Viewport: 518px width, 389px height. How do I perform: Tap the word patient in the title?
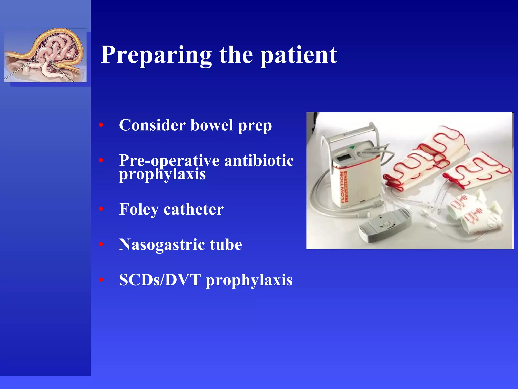click(299, 55)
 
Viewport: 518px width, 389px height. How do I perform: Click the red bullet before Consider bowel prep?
click(101, 125)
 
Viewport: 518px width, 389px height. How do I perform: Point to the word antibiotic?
click(259, 161)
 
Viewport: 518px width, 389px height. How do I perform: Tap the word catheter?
click(193, 209)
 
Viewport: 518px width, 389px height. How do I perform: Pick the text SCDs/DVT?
click(160, 280)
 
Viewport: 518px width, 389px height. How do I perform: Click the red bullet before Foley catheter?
click(101, 209)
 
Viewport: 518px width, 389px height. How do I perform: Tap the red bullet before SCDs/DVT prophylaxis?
click(101, 280)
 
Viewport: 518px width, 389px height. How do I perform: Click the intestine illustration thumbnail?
click(45, 55)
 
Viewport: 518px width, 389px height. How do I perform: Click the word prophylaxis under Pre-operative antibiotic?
click(162, 174)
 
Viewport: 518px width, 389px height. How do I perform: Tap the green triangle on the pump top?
click(352, 147)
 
